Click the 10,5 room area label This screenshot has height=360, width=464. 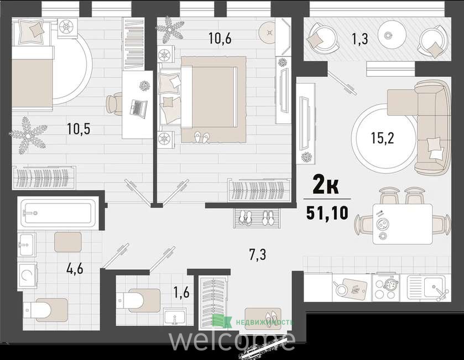79,129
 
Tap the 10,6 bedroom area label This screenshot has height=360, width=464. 220,38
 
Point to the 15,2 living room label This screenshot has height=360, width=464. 383,138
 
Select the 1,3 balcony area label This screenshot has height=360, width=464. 360,39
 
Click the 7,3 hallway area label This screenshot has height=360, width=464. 258,255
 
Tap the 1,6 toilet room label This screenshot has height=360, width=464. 181,293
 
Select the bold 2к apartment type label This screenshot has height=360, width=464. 326,186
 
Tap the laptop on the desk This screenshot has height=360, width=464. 138,107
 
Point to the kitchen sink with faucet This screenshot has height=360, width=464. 429,287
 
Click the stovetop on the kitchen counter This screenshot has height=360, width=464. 385,286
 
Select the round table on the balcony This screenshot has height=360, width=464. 387,35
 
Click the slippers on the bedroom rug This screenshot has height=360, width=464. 202,137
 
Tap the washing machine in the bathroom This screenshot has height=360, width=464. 27,275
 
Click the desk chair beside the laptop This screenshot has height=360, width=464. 114,104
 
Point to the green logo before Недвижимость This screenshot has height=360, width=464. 222,321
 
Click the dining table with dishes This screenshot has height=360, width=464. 402,223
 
